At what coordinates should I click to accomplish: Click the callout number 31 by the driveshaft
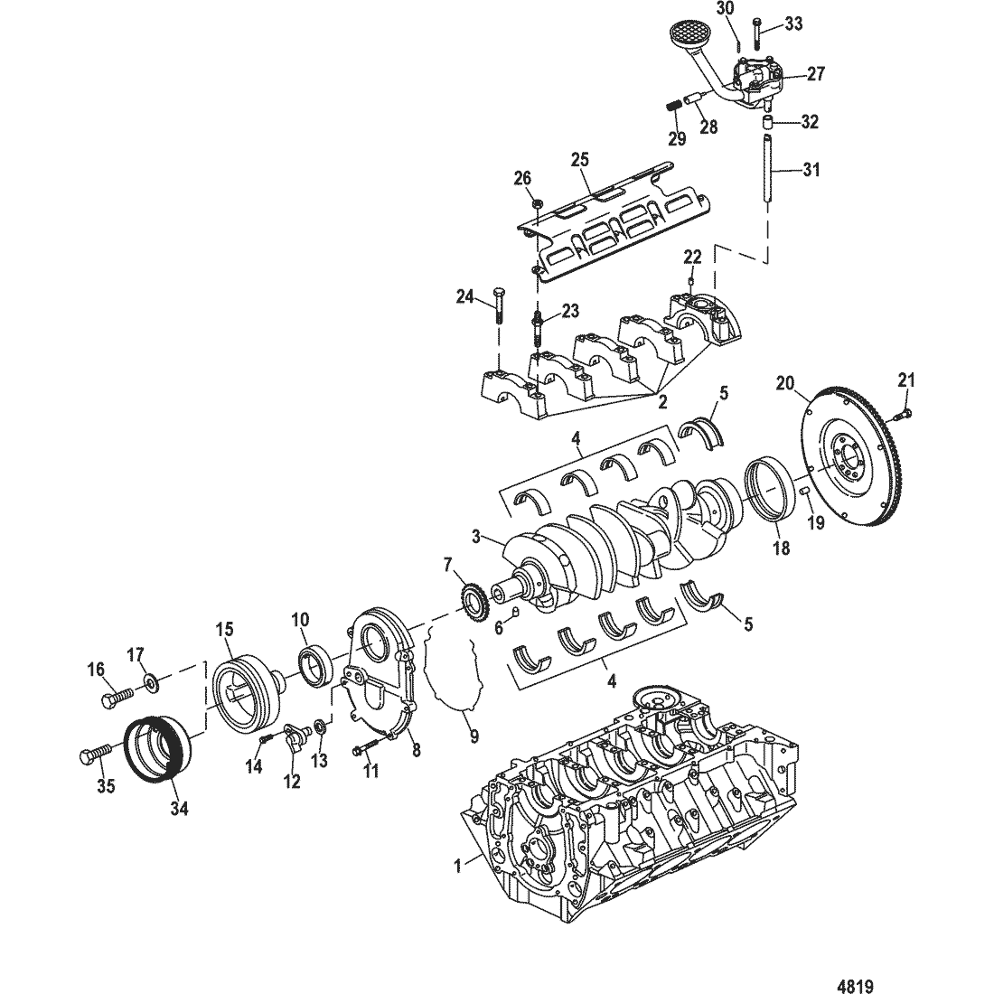coord(811,170)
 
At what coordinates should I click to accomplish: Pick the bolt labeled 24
coord(498,305)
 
